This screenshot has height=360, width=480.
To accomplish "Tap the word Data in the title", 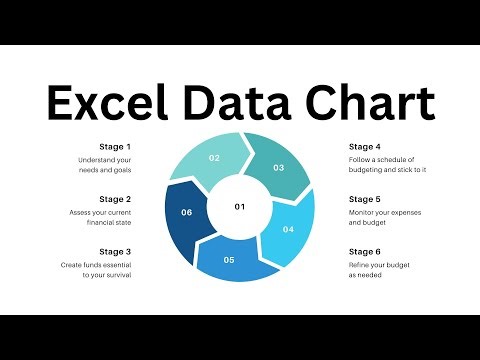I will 245,103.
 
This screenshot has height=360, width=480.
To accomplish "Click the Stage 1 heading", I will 115,146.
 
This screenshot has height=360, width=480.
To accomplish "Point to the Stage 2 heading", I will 115,199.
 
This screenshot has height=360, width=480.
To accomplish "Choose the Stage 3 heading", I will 115,251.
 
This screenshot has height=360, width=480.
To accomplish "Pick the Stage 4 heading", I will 365,146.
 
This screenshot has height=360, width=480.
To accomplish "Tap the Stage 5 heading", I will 365,199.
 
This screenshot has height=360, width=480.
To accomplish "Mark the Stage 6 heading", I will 365,251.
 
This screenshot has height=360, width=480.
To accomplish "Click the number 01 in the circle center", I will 240,207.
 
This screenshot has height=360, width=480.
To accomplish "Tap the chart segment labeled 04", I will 289,228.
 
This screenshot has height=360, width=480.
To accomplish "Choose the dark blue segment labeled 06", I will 187,212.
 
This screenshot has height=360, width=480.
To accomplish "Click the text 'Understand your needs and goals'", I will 105,165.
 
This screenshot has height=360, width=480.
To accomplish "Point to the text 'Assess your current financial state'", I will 101,218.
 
